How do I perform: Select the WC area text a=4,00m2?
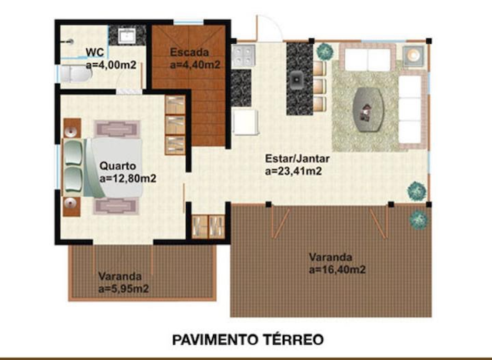pyautogui.click(x=111, y=65)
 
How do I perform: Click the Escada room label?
pyautogui.click(x=187, y=53)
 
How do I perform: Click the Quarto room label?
pyautogui.click(x=118, y=165)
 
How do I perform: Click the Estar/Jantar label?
pyautogui.click(x=298, y=158)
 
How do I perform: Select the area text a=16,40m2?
pyautogui.click(x=337, y=270)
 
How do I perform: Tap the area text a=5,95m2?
pyautogui.click(x=123, y=288)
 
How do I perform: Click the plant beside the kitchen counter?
pyautogui.click(x=325, y=51)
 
